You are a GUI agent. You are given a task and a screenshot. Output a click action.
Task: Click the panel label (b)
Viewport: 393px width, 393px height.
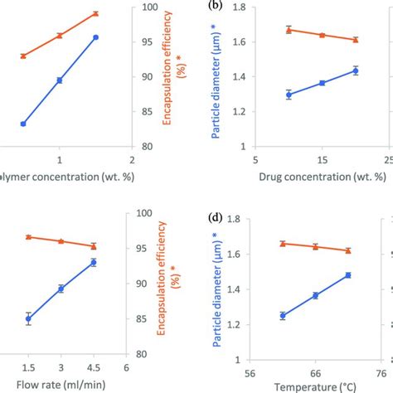point(216,7)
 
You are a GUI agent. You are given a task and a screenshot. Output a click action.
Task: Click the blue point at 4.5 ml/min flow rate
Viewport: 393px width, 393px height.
point(93,263)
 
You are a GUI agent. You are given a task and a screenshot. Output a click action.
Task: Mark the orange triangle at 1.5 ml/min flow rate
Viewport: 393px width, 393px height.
point(28,237)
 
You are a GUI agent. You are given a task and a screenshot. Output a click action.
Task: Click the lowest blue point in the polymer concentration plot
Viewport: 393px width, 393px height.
point(23,124)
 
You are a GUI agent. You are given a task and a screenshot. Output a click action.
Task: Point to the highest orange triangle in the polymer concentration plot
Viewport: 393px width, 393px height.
point(95,13)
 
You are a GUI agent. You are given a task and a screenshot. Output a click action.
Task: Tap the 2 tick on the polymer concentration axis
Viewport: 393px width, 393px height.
point(131,158)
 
